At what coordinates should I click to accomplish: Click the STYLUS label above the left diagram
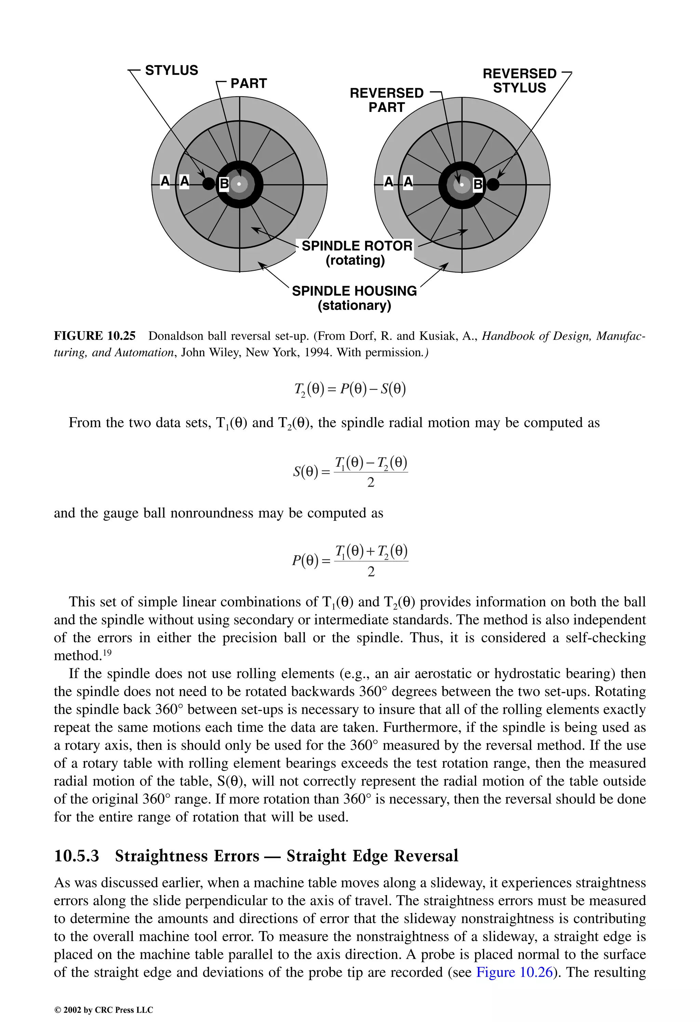tap(171, 70)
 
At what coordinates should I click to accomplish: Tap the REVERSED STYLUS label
tap(520, 81)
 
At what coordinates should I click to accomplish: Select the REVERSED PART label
tap(387, 100)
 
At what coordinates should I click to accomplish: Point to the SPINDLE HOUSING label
tap(354, 291)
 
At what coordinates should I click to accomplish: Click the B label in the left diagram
tap(224, 183)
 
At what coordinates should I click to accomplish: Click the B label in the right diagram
tap(478, 185)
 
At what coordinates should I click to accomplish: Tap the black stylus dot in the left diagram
tap(209, 184)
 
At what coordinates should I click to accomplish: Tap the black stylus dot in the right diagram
tap(493, 184)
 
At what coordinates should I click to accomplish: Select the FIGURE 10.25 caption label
tap(95, 336)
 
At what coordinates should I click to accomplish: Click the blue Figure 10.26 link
tap(514, 972)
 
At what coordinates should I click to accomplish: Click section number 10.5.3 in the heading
tap(76, 856)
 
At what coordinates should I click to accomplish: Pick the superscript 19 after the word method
tap(107, 653)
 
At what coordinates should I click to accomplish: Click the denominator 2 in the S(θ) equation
tap(371, 483)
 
